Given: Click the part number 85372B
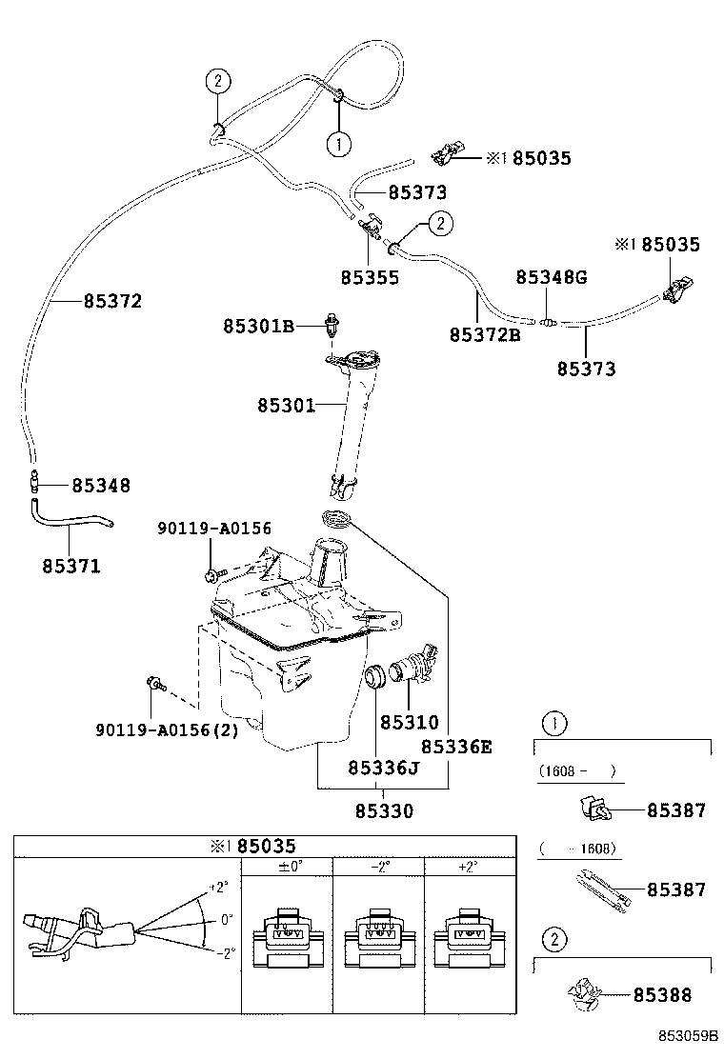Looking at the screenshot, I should point(484,335).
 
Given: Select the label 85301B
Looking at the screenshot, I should point(258,327).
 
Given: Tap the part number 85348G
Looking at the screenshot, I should point(552,277).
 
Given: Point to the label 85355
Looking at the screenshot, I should point(370,278).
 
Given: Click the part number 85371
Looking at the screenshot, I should point(71,566).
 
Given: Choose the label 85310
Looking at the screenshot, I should point(410,723).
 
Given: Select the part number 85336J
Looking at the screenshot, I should point(384,768).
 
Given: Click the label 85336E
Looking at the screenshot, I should point(456,747).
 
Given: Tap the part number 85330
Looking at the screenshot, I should point(384,811).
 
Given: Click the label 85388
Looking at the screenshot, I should point(676,995).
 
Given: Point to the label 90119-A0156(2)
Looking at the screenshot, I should point(167,730).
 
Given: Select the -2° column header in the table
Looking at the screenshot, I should point(378,866).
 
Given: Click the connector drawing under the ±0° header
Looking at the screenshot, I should point(286,938).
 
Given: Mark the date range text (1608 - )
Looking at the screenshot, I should point(576,771).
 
